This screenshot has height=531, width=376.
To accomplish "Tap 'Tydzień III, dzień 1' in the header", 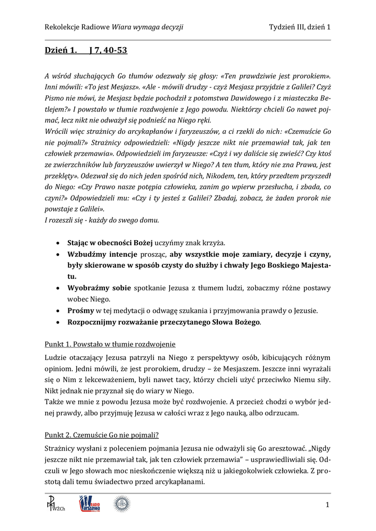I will [x=300, y=27].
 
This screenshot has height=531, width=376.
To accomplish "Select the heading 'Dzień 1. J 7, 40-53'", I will [x=86, y=51].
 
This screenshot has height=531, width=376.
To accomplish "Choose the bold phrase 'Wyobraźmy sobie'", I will [x=100, y=288].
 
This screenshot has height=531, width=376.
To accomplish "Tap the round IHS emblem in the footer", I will [x=121, y=504].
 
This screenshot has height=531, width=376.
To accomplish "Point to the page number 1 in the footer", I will [x=328, y=505].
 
